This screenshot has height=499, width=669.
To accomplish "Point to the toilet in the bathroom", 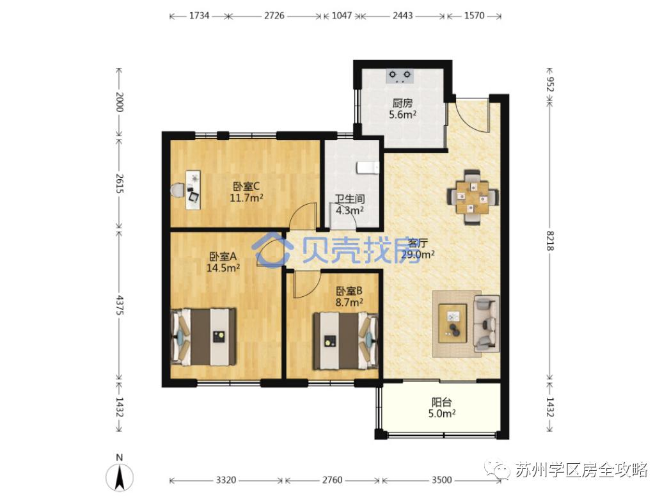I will (367, 168).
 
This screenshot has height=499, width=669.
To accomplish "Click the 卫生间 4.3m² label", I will (350, 204).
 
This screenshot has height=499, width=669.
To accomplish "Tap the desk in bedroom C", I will (192, 189).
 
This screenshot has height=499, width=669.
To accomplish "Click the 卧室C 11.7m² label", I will (246, 192).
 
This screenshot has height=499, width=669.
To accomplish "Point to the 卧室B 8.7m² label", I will (349, 296).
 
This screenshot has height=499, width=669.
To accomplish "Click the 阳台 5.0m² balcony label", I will (441, 408).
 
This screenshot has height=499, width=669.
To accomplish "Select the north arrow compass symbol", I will (119, 474).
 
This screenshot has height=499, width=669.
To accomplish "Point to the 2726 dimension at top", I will (275, 15).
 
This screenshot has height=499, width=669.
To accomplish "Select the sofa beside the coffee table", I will (486, 323).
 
